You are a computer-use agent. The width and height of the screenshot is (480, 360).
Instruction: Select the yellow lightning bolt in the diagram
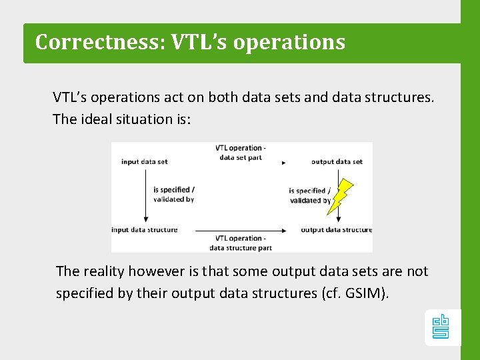pos(339,196)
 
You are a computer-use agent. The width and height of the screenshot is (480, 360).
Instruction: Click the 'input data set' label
pos(144,161)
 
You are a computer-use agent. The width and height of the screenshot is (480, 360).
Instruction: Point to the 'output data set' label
pos(337,161)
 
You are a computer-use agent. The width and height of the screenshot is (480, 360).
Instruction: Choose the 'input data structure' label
pos(145,230)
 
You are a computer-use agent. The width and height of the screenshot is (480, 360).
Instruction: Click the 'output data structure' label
pos(336,230)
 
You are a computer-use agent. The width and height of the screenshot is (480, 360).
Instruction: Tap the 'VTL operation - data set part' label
pos(241,153)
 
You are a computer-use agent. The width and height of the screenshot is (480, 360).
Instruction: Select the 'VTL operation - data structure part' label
pos(241,243)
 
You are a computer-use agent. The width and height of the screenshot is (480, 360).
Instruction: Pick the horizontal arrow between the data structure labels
pos(241,229)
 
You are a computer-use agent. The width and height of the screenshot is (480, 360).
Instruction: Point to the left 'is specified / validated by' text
pos(173,195)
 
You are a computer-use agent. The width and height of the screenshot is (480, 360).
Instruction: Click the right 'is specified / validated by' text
pos(309,196)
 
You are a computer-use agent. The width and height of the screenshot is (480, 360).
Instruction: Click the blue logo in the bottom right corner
pos(441,327)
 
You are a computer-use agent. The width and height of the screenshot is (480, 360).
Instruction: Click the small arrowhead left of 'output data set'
pos(284,162)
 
